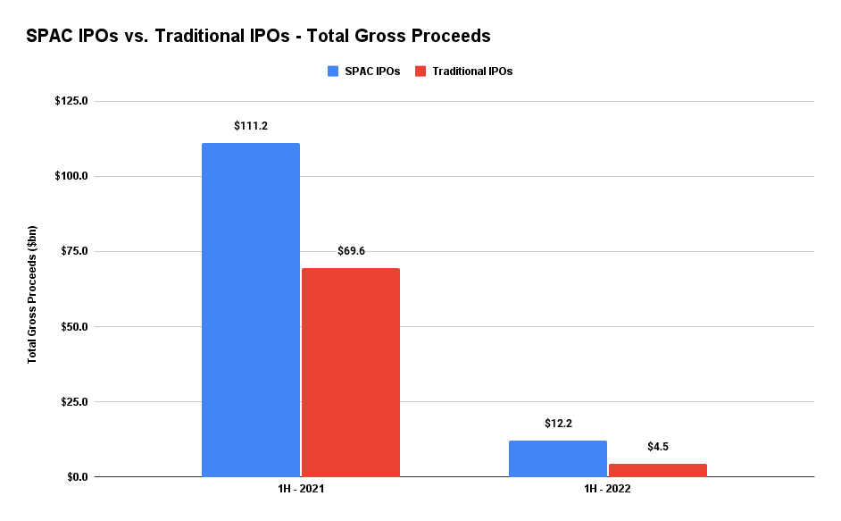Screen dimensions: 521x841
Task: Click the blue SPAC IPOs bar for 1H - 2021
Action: [x=251, y=309]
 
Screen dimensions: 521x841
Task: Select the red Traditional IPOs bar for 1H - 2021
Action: [x=351, y=372]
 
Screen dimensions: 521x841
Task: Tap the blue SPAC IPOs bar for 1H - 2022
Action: [x=558, y=458]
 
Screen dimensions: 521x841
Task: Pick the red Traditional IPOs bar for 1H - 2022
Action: [x=658, y=470]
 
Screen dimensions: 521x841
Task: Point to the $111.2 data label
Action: [x=251, y=126]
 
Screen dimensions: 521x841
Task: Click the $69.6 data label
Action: [x=351, y=251]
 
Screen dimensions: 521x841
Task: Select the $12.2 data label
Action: [x=558, y=424]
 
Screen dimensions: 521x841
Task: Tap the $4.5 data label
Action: [x=658, y=447]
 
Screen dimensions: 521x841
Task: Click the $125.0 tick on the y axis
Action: [x=71, y=101]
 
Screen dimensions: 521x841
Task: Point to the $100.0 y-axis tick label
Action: [x=71, y=176]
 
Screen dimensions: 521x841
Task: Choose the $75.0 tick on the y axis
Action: [x=73, y=251]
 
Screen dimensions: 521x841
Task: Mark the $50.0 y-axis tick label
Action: [x=73, y=326]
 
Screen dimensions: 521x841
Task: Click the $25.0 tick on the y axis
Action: [x=73, y=401]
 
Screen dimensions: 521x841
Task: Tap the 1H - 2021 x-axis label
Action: [x=301, y=491]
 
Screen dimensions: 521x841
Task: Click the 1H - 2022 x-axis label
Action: [x=608, y=491]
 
